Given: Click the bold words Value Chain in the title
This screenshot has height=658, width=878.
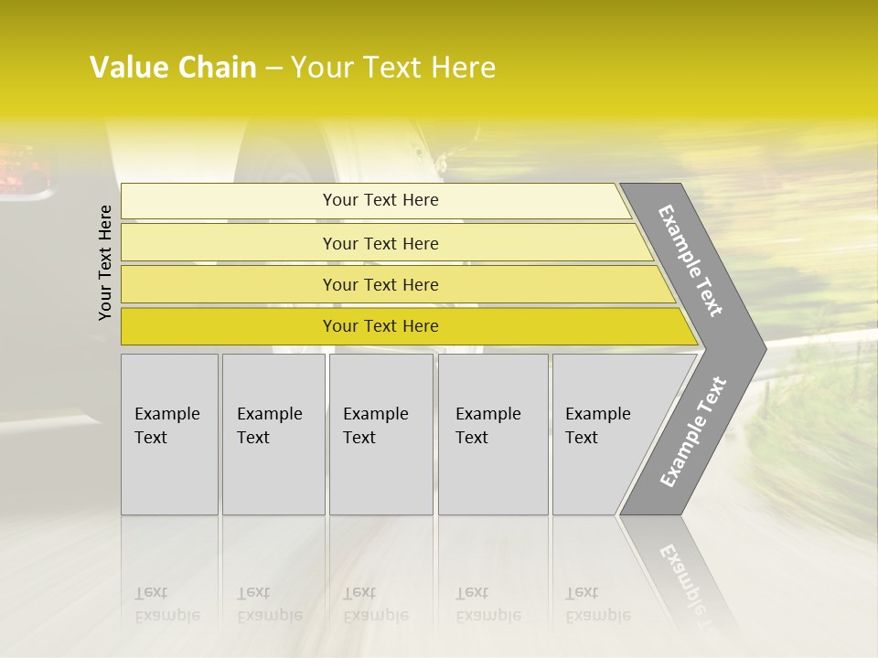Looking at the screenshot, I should [x=173, y=68].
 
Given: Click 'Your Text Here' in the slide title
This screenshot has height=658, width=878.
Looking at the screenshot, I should [x=393, y=68].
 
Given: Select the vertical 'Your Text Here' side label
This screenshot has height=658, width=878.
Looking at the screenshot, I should [x=105, y=262].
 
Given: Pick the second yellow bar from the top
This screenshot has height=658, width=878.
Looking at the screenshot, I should [x=380, y=243].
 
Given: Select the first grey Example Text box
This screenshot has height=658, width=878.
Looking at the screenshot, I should [x=169, y=434].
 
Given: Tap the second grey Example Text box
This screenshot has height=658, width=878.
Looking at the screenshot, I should [x=273, y=434].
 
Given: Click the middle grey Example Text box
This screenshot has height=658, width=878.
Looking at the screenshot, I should [x=380, y=434].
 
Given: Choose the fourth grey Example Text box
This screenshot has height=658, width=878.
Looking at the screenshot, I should [x=493, y=434].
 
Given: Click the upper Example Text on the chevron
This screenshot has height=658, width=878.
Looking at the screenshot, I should [x=691, y=260].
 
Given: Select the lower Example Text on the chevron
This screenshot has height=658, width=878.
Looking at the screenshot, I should [x=692, y=432].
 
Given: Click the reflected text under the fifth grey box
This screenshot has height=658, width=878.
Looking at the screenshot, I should [x=597, y=604].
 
